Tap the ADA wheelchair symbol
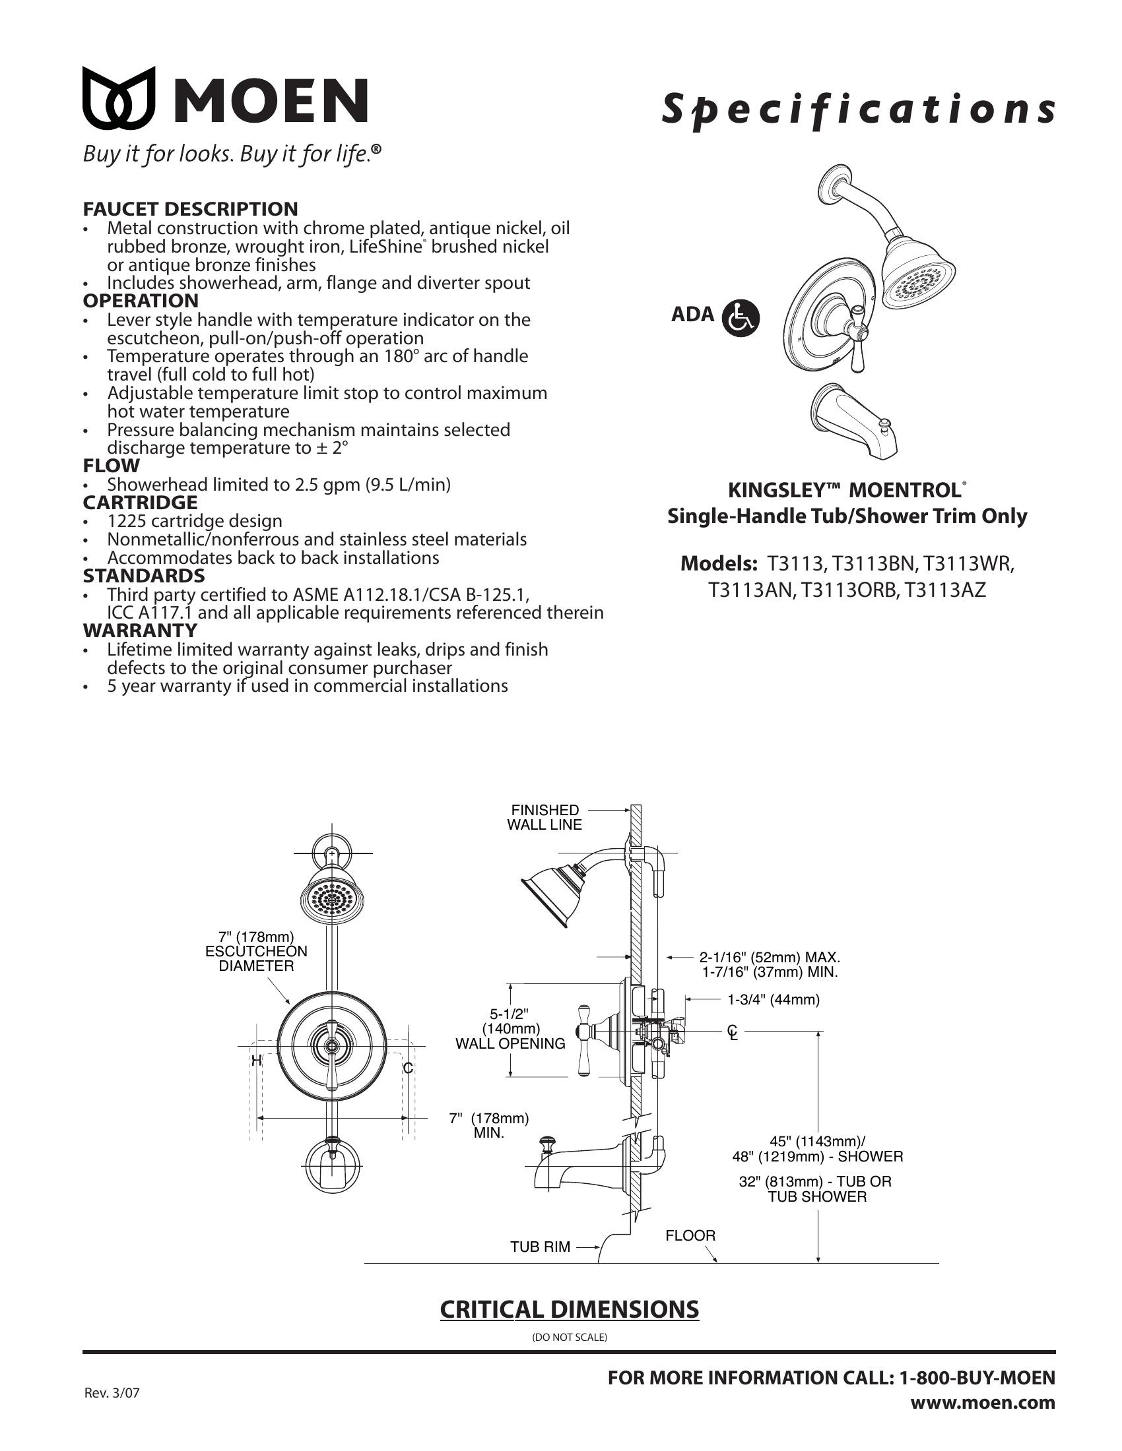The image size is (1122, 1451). pyautogui.click(x=740, y=319)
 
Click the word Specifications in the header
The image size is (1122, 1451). pyautogui.click(x=857, y=109)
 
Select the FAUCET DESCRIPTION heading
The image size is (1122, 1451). pyautogui.click(x=190, y=208)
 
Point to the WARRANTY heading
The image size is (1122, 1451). pyautogui.click(x=139, y=630)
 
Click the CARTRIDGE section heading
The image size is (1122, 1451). pyautogui.click(x=139, y=503)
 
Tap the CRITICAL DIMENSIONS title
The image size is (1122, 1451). pyautogui.click(x=569, y=1309)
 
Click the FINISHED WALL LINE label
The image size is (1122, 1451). pyautogui.click(x=544, y=817)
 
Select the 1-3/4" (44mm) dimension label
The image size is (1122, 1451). pyautogui.click(x=773, y=999)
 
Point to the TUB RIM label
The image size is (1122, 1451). pyautogui.click(x=540, y=1247)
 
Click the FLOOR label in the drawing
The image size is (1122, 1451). pyautogui.click(x=690, y=1235)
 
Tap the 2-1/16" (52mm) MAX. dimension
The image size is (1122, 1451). pyautogui.click(x=769, y=958)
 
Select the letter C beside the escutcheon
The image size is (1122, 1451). pyautogui.click(x=408, y=1068)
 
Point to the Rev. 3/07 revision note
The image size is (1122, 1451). pyautogui.click(x=112, y=1393)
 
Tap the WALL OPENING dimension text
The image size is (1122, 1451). pyautogui.click(x=510, y=1043)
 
